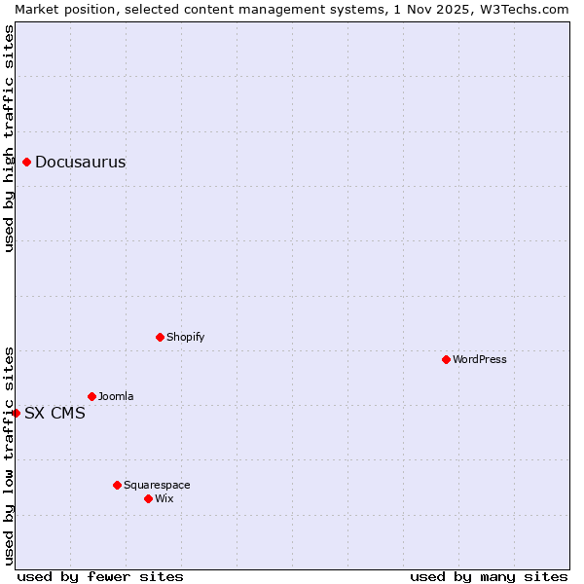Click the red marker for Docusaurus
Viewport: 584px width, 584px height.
27,162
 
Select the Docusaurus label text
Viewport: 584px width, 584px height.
80,163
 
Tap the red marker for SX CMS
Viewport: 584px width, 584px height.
16,413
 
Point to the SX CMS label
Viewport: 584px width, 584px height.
55,414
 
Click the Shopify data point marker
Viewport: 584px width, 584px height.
160,337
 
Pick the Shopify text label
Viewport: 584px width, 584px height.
185,338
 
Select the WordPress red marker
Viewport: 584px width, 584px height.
446,359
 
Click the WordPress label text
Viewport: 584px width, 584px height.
479,360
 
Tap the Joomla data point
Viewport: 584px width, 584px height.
91,396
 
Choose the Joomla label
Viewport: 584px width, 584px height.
116,397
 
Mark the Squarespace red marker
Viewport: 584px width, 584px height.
117,485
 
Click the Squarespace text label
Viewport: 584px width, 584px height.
157,486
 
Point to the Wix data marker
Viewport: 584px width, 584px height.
148,498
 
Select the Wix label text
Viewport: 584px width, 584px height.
164,499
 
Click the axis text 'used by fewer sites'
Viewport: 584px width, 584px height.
100,576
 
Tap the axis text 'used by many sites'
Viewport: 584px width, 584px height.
489,576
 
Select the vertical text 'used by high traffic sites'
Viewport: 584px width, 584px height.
9,138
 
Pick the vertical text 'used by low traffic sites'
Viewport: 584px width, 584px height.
9,455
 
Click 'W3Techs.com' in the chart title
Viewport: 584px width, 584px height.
528,9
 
